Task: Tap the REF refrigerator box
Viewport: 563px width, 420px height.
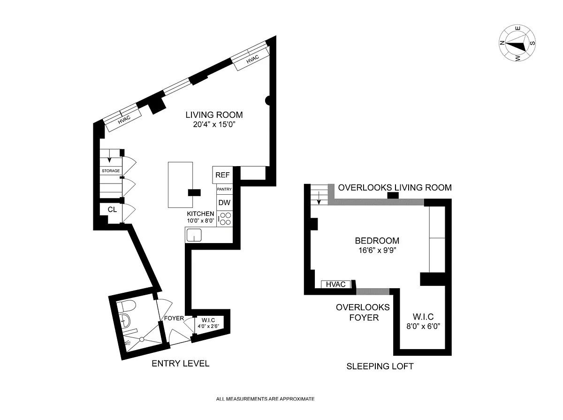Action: click(x=222, y=175)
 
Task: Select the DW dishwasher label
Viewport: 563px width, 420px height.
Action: click(x=224, y=203)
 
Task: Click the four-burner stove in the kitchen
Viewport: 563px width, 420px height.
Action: click(x=225, y=219)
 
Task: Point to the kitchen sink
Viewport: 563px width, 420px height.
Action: click(x=194, y=235)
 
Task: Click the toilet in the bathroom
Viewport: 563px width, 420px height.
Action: click(x=127, y=306)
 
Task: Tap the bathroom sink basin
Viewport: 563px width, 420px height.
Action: click(x=125, y=320)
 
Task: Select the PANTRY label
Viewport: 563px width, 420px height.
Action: click(x=224, y=189)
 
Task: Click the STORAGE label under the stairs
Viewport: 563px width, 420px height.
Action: click(x=111, y=171)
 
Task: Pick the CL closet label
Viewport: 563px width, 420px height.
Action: click(x=112, y=210)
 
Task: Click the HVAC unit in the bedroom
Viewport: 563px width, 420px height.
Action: click(x=336, y=284)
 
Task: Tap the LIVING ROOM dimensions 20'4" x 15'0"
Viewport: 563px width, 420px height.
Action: click(x=214, y=124)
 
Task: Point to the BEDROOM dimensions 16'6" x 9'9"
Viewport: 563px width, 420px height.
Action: click(x=377, y=250)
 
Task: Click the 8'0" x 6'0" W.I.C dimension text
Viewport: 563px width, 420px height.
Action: click(x=423, y=326)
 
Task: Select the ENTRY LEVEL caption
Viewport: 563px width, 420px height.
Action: click(x=181, y=364)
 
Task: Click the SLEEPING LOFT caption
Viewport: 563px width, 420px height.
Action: click(x=380, y=367)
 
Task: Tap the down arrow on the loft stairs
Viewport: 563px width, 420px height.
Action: click(x=319, y=198)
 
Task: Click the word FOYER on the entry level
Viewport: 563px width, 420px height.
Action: click(x=174, y=318)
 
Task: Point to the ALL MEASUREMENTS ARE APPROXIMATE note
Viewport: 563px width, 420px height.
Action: click(x=265, y=399)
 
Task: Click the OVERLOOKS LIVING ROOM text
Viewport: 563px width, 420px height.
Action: click(x=395, y=188)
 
